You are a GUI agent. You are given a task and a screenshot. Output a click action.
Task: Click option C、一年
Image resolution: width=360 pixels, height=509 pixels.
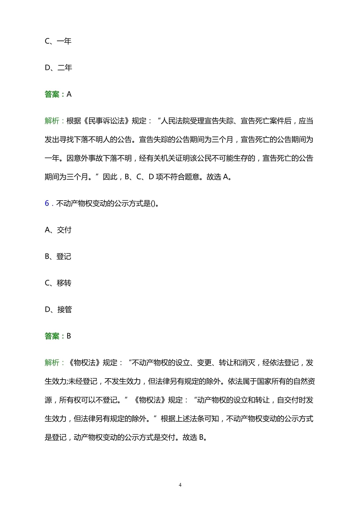(x=58, y=41)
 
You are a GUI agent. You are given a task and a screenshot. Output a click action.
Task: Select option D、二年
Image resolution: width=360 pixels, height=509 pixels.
(x=58, y=68)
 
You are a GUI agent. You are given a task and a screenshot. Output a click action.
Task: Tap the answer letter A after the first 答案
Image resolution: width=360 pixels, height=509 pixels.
(x=69, y=94)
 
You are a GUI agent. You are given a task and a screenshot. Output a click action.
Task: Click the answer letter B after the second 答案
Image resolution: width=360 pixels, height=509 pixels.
(x=69, y=336)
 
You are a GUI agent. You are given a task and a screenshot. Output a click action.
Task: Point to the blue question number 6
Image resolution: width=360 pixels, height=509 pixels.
(x=47, y=203)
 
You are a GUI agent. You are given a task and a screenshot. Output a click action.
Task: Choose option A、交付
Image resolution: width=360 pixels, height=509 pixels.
(x=58, y=230)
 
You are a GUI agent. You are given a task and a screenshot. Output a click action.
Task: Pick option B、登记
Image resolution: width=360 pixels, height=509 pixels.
(x=58, y=256)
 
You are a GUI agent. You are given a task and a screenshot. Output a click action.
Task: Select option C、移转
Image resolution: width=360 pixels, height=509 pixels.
(x=58, y=283)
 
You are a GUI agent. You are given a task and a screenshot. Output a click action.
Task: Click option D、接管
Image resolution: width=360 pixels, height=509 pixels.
(x=58, y=310)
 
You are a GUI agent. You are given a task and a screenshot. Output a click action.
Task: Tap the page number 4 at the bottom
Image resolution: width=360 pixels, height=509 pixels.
(x=180, y=485)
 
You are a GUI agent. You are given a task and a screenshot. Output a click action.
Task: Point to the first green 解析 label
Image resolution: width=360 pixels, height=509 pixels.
(x=52, y=121)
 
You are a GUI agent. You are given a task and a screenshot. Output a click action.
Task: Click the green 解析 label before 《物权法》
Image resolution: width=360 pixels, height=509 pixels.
(x=52, y=363)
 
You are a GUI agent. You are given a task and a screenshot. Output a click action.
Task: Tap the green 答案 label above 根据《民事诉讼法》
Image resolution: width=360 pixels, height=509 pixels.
(x=52, y=94)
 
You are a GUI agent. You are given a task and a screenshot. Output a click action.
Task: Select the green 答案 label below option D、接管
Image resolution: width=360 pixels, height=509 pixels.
(x=52, y=336)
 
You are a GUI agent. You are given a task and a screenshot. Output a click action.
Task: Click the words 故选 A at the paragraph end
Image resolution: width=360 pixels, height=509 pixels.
(x=218, y=177)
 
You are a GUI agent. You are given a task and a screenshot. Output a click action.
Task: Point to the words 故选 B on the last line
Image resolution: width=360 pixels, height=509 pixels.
(x=194, y=437)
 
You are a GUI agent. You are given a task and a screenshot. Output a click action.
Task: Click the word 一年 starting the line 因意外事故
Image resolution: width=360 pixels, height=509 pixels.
(x=52, y=158)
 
